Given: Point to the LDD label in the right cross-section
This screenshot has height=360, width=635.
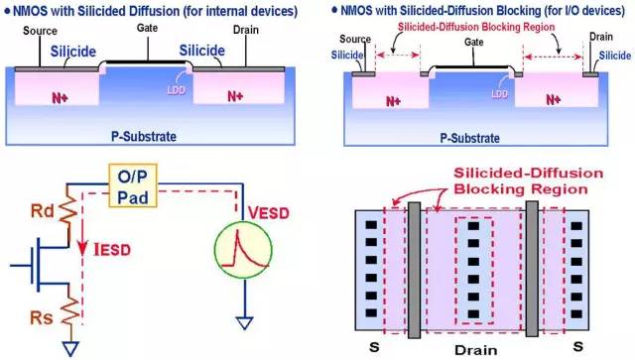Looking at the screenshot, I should (x=502, y=96).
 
